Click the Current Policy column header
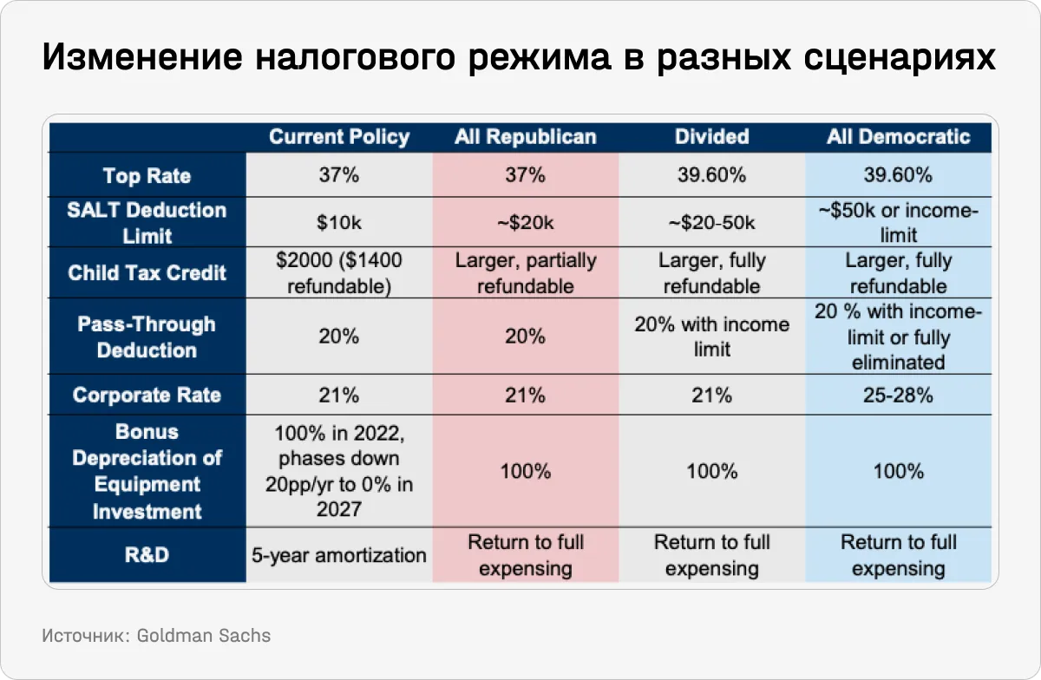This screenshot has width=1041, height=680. (339, 137)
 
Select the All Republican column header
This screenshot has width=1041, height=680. (526, 137)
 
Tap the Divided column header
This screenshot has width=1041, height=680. (711, 137)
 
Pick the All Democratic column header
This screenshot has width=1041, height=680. (898, 137)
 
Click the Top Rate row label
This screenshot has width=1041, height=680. (147, 176)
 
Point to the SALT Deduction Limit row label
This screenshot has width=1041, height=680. (147, 223)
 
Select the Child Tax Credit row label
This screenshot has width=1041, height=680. (147, 272)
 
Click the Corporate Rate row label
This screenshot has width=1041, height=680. (147, 396)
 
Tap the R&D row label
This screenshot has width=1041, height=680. (147, 555)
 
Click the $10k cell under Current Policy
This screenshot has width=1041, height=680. (339, 223)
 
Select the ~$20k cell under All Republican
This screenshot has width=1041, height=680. (526, 223)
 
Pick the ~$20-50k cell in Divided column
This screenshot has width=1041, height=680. (711, 223)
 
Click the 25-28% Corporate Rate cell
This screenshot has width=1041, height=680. (898, 396)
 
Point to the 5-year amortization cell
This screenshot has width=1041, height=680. (339, 555)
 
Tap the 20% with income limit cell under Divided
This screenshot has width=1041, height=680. (711, 337)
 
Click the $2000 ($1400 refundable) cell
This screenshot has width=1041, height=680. (339, 272)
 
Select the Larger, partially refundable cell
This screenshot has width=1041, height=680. (526, 272)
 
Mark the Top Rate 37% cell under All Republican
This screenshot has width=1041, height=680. (526, 176)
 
